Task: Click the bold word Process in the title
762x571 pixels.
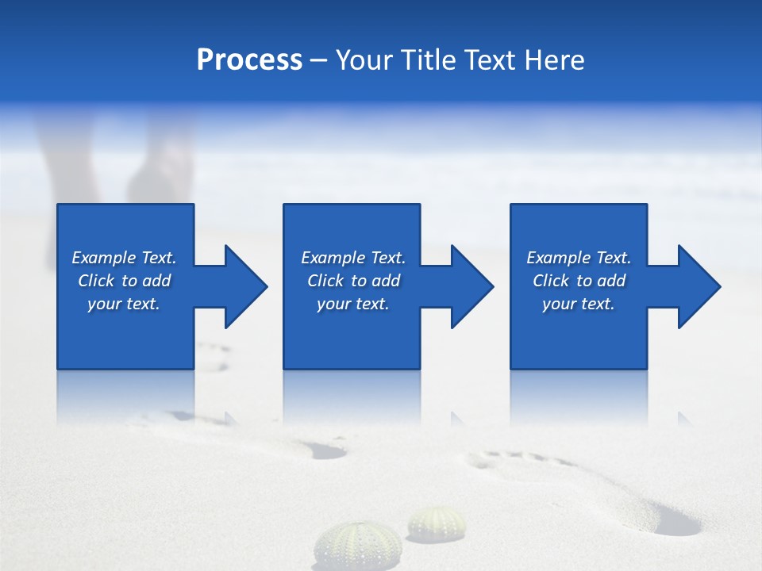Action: [x=249, y=60]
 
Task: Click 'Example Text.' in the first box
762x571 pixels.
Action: [x=124, y=258]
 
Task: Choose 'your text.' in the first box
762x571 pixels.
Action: [x=124, y=304]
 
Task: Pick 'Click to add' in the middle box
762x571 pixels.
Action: [x=353, y=281]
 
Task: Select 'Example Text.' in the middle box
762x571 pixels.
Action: [x=353, y=258]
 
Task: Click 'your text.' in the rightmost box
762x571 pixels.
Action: [x=579, y=304]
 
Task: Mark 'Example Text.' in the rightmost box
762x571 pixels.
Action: [x=579, y=258]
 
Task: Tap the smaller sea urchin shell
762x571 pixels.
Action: [x=437, y=523]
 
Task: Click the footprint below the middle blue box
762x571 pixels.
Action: [x=321, y=449]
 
